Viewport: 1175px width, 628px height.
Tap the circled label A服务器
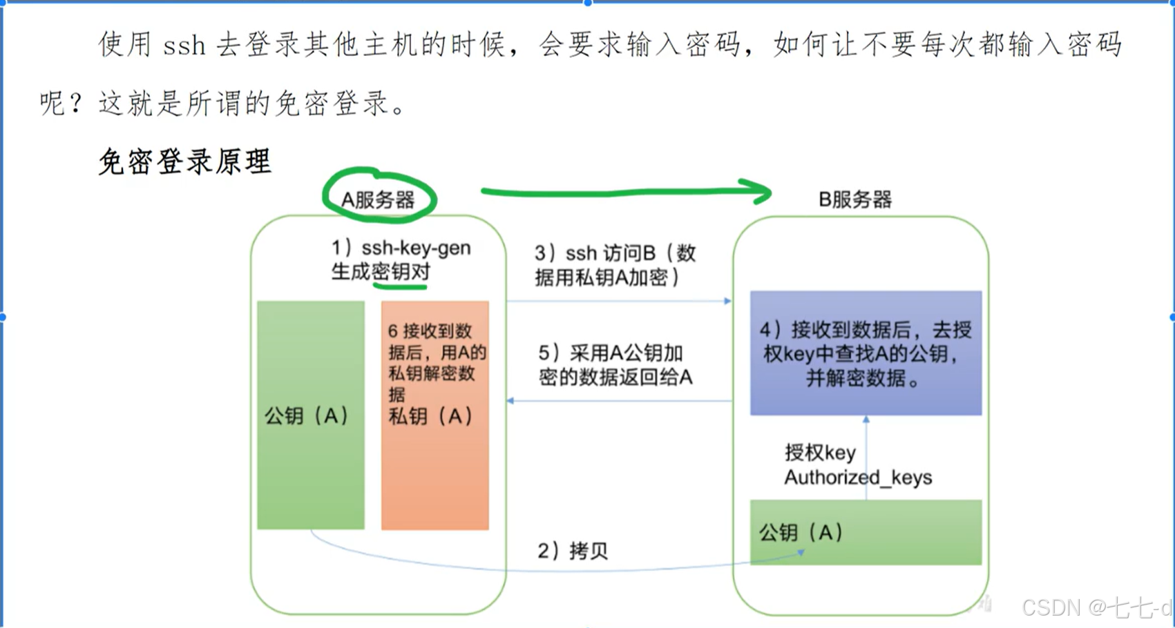(x=378, y=199)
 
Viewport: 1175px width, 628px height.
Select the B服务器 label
(x=855, y=199)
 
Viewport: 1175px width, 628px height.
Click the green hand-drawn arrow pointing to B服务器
(x=625, y=191)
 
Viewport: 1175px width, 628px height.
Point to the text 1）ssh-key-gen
(x=401, y=248)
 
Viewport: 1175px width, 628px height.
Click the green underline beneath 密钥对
(x=401, y=284)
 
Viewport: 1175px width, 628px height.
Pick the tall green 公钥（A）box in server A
(x=310, y=415)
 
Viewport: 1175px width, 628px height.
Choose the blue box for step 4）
(x=866, y=353)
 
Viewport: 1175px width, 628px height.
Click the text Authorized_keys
(x=858, y=478)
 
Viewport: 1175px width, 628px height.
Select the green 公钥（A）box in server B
(x=866, y=532)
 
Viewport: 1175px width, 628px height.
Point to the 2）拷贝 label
(x=573, y=551)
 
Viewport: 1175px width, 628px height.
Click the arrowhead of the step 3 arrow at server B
(x=727, y=301)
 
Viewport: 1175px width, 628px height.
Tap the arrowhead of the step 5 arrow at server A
(x=510, y=401)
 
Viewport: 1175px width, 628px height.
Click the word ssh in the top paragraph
(x=184, y=46)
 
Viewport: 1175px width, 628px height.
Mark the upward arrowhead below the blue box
(x=866, y=419)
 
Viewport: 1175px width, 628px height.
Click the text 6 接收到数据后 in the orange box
(x=430, y=331)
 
